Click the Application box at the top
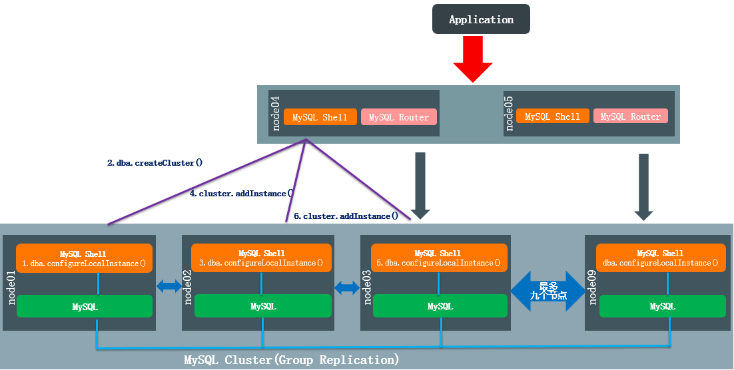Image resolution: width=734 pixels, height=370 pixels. pyautogui.click(x=481, y=19)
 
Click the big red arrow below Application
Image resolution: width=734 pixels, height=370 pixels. pyautogui.click(x=473, y=59)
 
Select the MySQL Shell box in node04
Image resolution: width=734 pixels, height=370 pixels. pyautogui.click(x=320, y=117)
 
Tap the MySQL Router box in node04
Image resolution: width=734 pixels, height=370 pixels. pyautogui.click(x=399, y=117)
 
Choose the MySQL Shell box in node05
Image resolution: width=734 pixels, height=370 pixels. pyautogui.click(x=553, y=116)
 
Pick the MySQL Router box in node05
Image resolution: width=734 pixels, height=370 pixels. pyautogui.click(x=631, y=116)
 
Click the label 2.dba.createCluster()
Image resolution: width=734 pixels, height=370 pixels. pyautogui.click(x=155, y=163)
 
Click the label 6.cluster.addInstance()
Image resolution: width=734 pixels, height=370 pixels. pyautogui.click(x=346, y=216)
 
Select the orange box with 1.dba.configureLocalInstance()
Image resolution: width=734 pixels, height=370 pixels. pyautogui.click(x=85, y=258)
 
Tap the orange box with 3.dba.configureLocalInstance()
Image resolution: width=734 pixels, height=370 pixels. pyautogui.click(x=261, y=258)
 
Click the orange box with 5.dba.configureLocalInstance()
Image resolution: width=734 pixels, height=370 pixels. pyautogui.click(x=439, y=258)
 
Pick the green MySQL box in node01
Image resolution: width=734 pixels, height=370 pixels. pyautogui.click(x=85, y=306)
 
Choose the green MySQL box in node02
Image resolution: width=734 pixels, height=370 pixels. pyautogui.click(x=262, y=306)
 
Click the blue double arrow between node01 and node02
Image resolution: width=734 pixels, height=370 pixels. pyautogui.click(x=169, y=286)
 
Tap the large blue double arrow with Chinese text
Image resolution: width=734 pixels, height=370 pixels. pyautogui.click(x=548, y=291)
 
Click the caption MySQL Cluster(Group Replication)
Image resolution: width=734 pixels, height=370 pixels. pyautogui.click(x=292, y=360)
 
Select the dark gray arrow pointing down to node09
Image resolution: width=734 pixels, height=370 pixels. pyautogui.click(x=643, y=187)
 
